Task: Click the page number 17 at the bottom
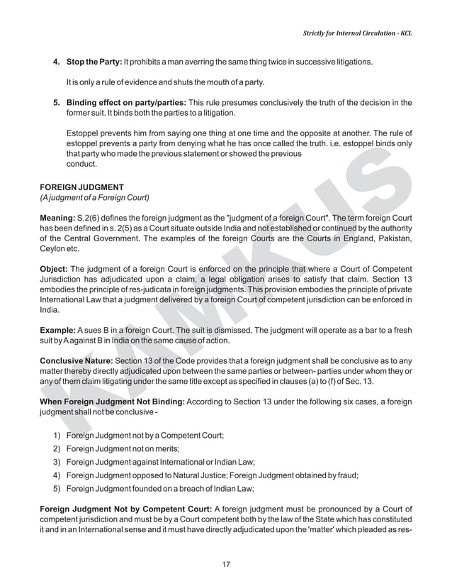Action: [x=226, y=564]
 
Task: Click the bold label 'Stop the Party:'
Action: [x=94, y=62]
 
